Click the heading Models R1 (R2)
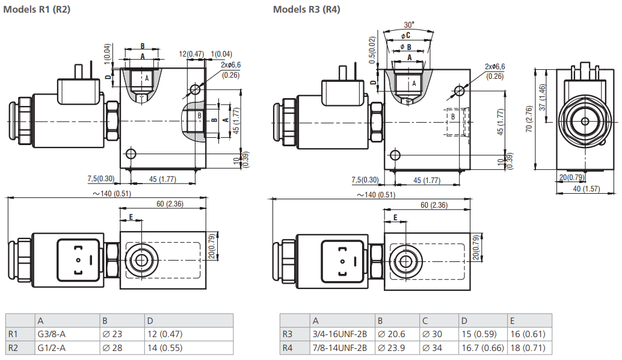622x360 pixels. point(37,10)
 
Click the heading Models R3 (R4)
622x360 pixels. point(306,10)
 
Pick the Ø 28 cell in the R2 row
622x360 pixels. point(113,347)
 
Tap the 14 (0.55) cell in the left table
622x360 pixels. point(164,347)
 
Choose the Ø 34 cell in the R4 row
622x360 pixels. point(433,347)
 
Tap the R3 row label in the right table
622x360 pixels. point(288,334)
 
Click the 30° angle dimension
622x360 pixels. point(409,25)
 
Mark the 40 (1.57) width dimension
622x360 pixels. point(587,189)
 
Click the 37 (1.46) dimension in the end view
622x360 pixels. point(543,96)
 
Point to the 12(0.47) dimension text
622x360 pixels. point(191,54)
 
